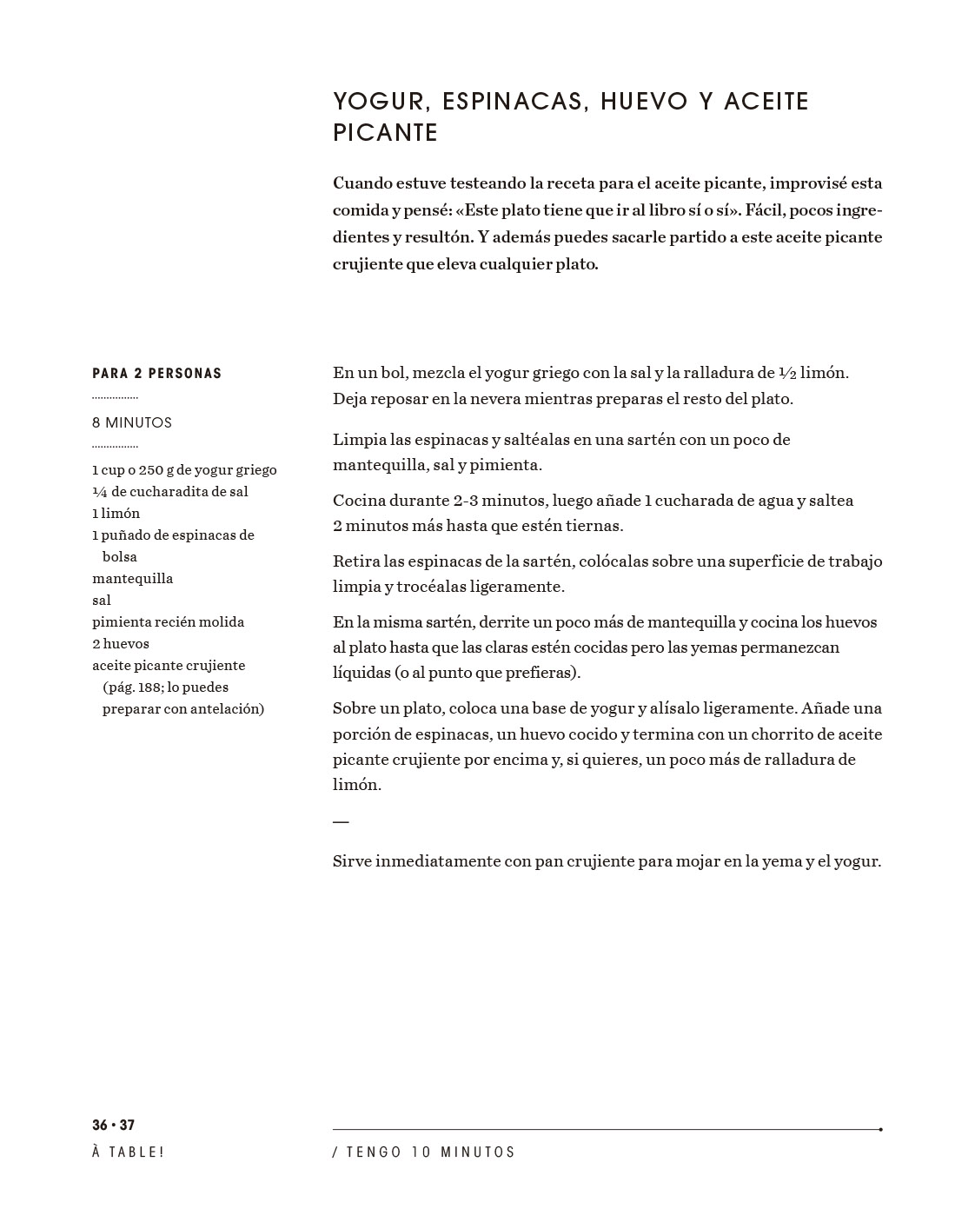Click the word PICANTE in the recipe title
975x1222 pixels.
(x=385, y=133)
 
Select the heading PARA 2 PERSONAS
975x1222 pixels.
(x=157, y=374)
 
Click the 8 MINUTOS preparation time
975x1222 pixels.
(x=132, y=423)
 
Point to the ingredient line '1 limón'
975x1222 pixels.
(x=116, y=514)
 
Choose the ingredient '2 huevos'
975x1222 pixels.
(x=121, y=644)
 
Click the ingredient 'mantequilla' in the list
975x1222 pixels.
(x=133, y=579)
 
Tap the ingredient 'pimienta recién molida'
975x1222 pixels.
(x=169, y=622)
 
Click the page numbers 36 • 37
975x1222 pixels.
(x=114, y=1126)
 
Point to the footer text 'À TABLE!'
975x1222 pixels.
(x=129, y=1152)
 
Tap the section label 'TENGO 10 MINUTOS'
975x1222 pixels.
(x=431, y=1152)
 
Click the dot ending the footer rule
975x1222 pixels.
(x=880, y=1130)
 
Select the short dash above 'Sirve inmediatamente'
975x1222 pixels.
(x=341, y=821)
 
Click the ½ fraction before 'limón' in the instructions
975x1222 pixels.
(x=787, y=374)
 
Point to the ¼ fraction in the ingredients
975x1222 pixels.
(x=100, y=492)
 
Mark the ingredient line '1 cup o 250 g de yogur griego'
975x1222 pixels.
(x=184, y=470)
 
